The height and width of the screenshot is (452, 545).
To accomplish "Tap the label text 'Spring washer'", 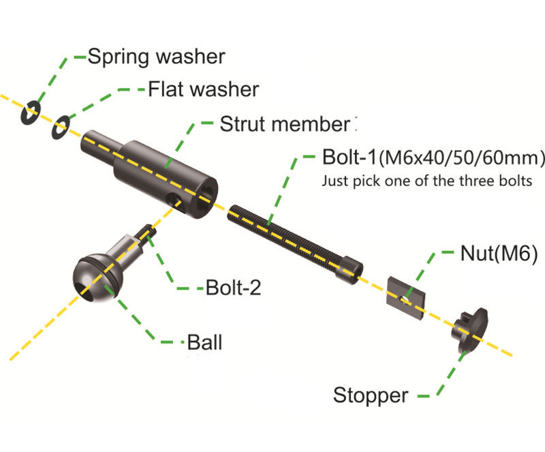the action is [x=157, y=57].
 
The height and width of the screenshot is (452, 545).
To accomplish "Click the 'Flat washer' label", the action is [x=204, y=89].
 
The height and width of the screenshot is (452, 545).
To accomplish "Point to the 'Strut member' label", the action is [x=285, y=124].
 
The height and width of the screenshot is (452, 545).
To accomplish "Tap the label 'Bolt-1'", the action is [x=349, y=157].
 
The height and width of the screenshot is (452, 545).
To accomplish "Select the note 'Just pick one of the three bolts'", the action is [x=427, y=181].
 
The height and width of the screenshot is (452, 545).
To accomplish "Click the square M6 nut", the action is [x=406, y=298].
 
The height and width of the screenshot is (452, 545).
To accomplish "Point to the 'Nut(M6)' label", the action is [x=499, y=254].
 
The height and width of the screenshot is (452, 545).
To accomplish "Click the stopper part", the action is [x=469, y=329].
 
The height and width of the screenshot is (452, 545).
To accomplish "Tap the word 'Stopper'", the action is [x=371, y=395].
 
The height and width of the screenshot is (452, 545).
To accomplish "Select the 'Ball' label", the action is [x=204, y=342].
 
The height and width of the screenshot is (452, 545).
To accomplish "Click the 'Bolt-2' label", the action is [x=233, y=288].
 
